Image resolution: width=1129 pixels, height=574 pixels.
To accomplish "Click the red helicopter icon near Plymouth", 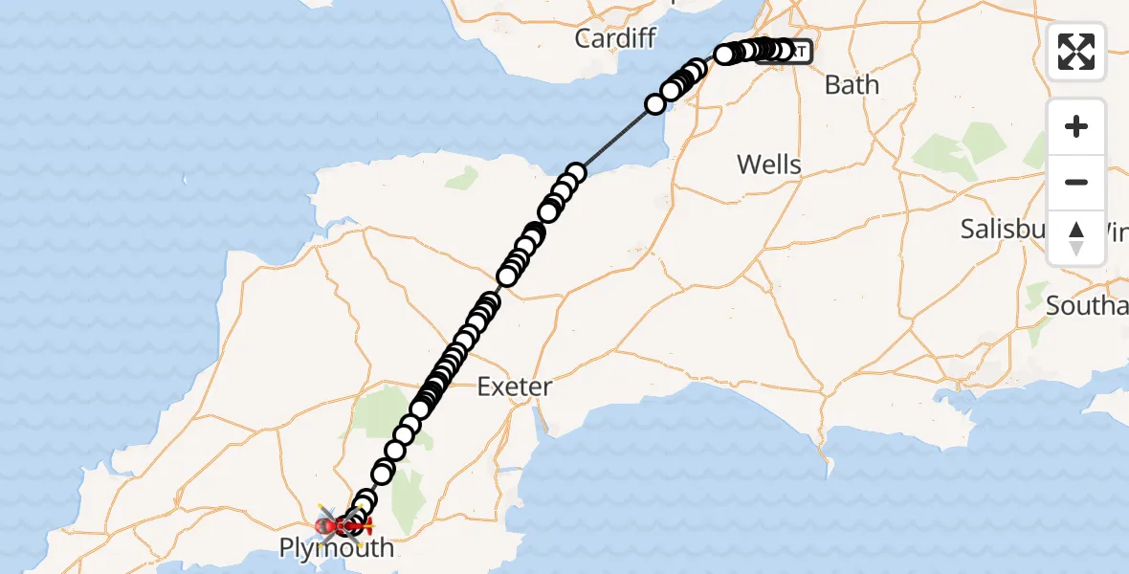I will (x=342, y=525).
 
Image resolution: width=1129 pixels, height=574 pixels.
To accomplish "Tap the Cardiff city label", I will (x=616, y=38).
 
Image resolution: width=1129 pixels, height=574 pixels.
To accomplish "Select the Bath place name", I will (x=852, y=85).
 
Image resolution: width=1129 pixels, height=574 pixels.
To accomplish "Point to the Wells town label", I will (x=768, y=165).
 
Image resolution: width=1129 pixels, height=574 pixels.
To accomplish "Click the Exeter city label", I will (x=515, y=387).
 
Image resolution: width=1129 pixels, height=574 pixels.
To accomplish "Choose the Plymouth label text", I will (x=336, y=548).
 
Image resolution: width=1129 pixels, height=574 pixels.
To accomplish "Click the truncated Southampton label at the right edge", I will (x=1087, y=306).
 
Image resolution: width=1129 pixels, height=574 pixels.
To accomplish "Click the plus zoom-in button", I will (x=1076, y=126).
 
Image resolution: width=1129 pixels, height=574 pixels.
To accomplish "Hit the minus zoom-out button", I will (x=1076, y=182).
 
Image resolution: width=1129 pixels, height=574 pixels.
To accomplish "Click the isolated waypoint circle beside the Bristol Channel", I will (x=655, y=103).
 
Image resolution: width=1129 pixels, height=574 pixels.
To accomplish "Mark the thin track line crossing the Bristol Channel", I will (x=617, y=137).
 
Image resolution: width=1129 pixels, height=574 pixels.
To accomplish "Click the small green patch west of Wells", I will (x=462, y=177).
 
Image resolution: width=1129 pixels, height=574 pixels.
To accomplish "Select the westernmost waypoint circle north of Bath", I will (x=724, y=55).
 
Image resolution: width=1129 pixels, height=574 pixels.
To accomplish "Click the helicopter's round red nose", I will (x=322, y=526).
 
